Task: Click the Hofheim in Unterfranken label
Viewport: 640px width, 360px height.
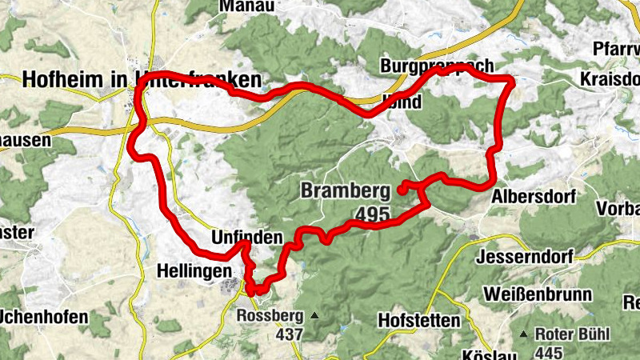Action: (x=142, y=79)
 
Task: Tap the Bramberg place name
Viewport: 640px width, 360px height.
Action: (x=345, y=191)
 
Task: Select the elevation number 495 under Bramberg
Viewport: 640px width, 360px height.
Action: (x=370, y=214)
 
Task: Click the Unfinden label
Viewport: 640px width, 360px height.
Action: (x=246, y=238)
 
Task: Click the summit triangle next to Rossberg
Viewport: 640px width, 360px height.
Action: (x=314, y=315)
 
